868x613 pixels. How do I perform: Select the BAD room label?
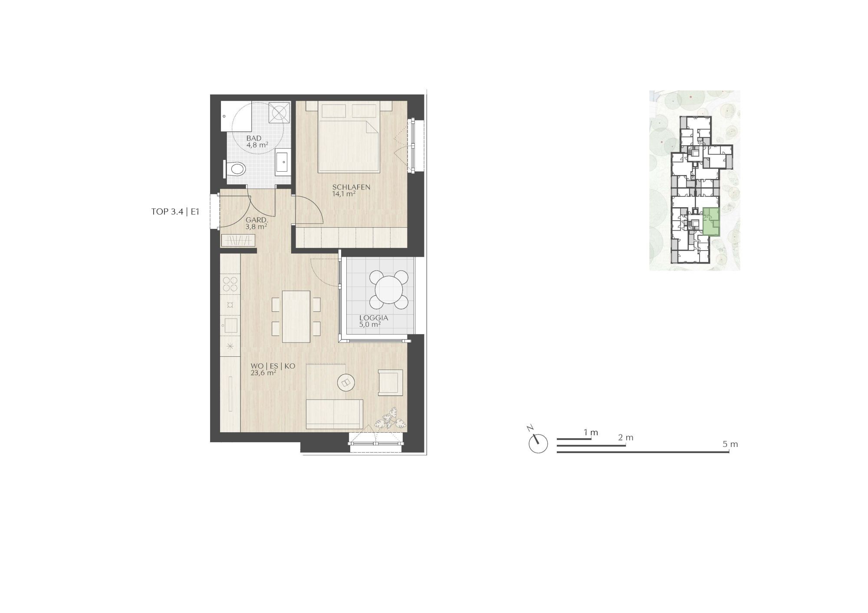click(253, 138)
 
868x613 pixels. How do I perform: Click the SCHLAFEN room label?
click(351, 187)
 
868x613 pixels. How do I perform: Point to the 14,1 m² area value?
click(344, 194)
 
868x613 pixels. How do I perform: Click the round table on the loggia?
click(389, 289)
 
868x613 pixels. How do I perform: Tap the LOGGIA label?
click(373, 318)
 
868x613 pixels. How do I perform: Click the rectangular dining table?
click(296, 316)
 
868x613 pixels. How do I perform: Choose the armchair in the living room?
click(391, 382)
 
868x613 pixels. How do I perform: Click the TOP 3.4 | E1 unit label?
click(175, 212)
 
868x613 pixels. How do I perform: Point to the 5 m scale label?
click(730, 444)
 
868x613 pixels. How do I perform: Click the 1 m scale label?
click(591, 432)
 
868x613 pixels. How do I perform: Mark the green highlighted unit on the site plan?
click(711, 222)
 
